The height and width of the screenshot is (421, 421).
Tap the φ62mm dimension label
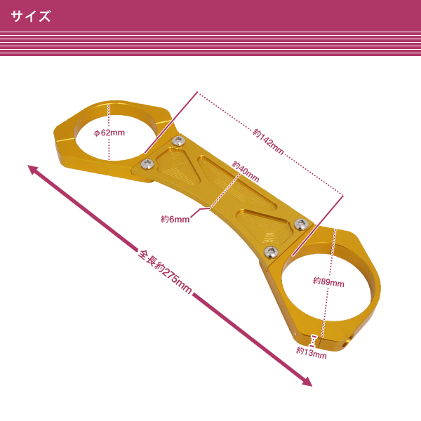point(109,132)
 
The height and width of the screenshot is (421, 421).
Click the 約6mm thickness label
point(175,219)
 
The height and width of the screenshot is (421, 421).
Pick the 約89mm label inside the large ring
point(328,283)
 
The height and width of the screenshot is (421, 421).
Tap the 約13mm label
point(311,353)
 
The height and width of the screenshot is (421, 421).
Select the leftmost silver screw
point(147,164)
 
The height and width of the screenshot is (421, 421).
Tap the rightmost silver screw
point(302,224)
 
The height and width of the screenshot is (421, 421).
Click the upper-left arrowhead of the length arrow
point(32,169)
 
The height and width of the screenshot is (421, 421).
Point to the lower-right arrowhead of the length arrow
point(307,382)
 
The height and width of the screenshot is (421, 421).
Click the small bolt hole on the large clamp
point(345,344)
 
